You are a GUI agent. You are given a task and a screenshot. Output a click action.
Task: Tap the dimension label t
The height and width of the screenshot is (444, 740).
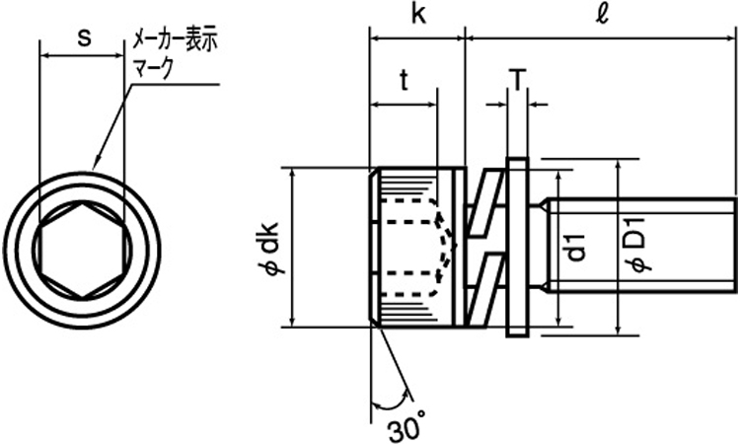[404, 82]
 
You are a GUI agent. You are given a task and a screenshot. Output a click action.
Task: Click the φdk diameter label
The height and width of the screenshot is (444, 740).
[270, 248]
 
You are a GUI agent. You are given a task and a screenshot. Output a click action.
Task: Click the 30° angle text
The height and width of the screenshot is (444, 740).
[406, 431]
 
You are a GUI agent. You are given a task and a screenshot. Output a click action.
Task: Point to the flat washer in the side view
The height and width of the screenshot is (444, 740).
[517, 247]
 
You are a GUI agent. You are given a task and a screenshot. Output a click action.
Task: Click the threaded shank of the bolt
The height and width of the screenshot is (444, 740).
[641, 246]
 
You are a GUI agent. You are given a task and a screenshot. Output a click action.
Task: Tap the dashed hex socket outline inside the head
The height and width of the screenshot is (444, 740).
[414, 247]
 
